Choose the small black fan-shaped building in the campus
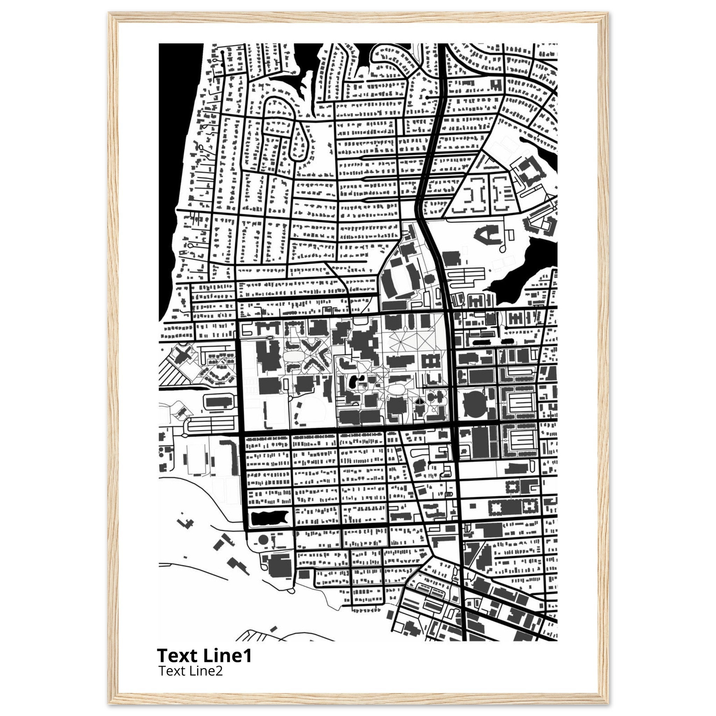point(419,402)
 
